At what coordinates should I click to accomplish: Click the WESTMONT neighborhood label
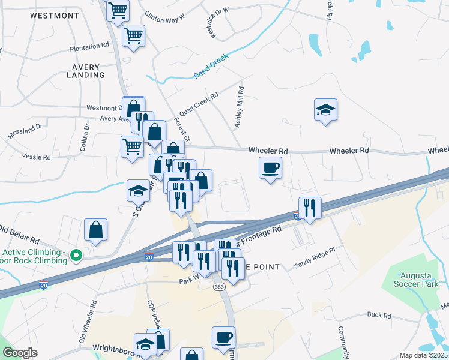(x=54, y=14)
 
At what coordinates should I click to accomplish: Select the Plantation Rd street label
(x=89, y=46)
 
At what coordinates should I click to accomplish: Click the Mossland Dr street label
(x=26, y=131)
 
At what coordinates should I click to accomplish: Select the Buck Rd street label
(x=379, y=315)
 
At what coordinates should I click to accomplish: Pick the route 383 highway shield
(x=218, y=287)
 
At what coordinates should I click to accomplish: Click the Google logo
(x=20, y=353)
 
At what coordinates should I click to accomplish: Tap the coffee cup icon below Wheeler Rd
(x=270, y=167)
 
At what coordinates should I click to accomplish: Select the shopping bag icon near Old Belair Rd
(x=96, y=230)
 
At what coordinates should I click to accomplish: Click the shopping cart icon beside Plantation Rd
(x=133, y=35)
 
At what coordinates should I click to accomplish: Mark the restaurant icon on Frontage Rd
(x=310, y=208)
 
